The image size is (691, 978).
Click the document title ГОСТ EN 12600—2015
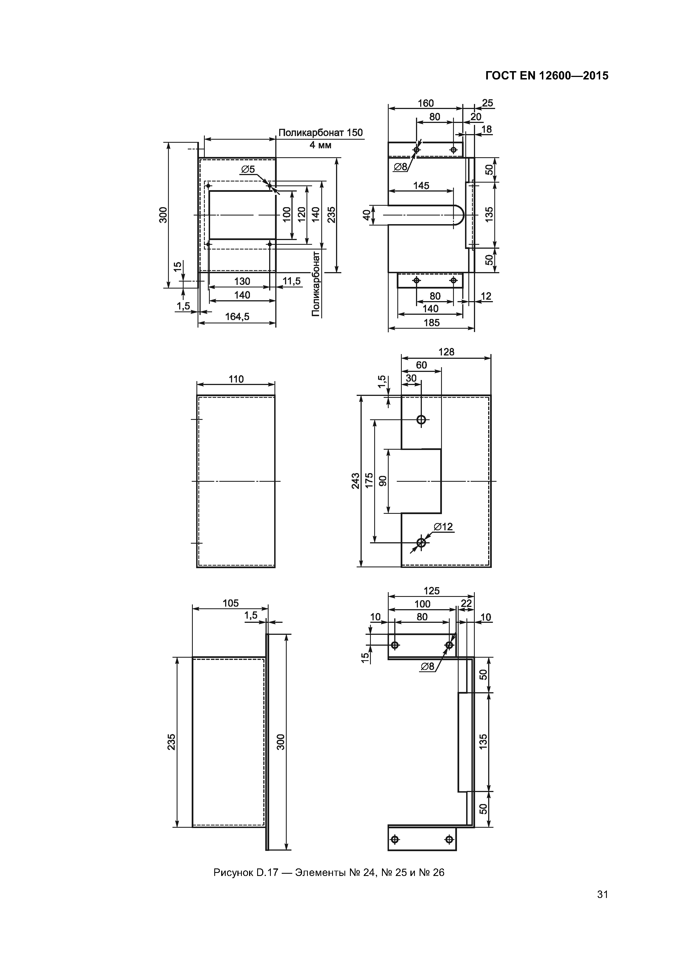547,76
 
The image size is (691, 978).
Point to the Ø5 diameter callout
248,169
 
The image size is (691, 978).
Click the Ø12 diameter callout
443,527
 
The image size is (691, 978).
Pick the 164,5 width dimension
237,316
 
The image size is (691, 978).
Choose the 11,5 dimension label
292,281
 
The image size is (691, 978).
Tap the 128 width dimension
446,352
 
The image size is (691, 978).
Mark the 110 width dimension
236,379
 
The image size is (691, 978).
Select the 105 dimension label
230,603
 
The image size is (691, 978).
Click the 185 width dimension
431,323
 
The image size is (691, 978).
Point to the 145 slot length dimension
421,185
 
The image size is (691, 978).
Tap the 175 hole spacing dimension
369,480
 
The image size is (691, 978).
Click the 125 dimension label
431,591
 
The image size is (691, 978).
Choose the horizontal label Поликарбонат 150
321,132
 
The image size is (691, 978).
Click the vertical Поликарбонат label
315,284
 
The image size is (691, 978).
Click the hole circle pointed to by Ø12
421,543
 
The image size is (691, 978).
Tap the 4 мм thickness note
320,145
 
